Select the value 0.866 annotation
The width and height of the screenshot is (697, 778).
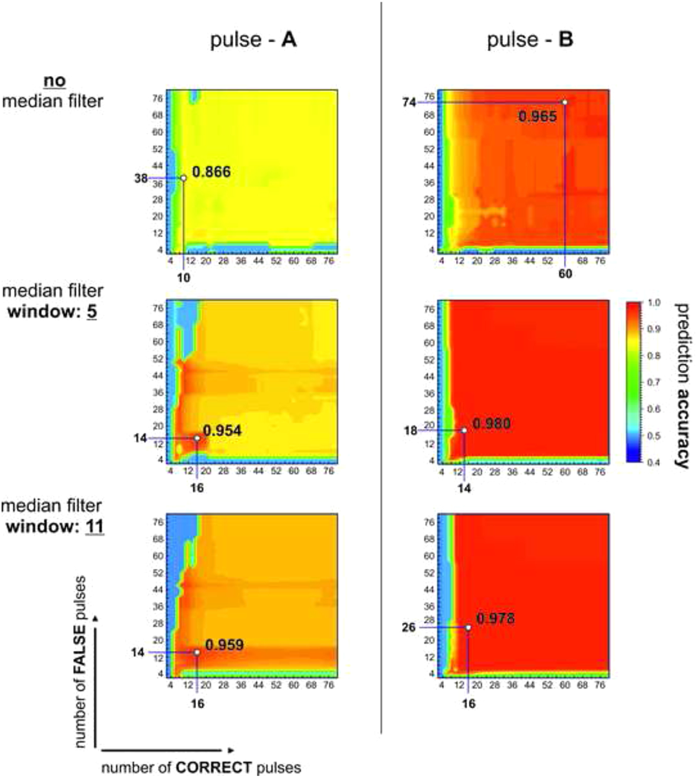coord(211,172)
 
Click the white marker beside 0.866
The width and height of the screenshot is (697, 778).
coord(183,178)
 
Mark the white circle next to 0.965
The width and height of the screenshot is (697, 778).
coord(565,102)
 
